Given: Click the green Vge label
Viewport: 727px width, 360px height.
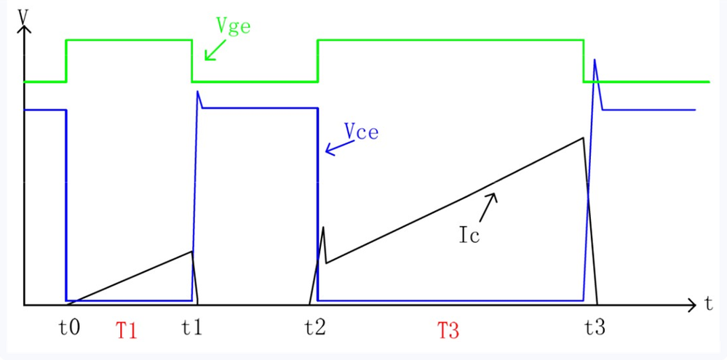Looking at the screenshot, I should pyautogui.click(x=233, y=25).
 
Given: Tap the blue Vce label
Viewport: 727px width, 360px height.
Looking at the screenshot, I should pyautogui.click(x=361, y=132).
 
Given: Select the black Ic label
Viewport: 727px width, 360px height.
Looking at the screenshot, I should pyautogui.click(x=469, y=236).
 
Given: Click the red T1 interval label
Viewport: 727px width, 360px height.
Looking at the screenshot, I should pyautogui.click(x=127, y=331).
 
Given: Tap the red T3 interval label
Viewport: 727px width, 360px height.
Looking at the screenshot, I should pyautogui.click(x=448, y=331).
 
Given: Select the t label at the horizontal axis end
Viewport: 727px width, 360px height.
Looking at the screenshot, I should pyautogui.click(x=707, y=304).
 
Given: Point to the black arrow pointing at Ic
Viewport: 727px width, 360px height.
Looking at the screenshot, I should pyautogui.click(x=488, y=206).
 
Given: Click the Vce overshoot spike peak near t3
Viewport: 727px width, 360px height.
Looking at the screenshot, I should pyautogui.click(x=595, y=60).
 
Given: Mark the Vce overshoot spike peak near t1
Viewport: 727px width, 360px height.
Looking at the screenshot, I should pyautogui.click(x=198, y=92).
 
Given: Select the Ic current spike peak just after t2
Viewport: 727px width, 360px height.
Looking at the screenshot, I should pyautogui.click(x=323, y=227).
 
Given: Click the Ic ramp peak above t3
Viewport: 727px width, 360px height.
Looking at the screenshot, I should pyautogui.click(x=584, y=137).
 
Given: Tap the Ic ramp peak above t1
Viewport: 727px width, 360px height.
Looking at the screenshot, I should pyautogui.click(x=192, y=252).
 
